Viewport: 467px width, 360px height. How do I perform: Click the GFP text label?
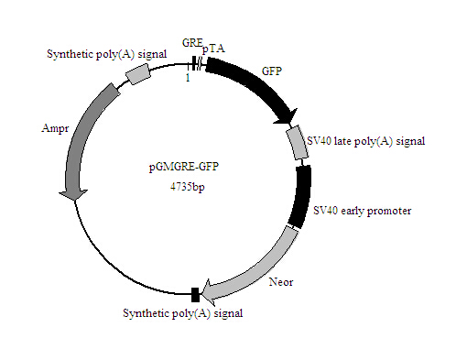click(272, 70)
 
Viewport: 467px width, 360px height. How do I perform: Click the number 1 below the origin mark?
click(188, 77)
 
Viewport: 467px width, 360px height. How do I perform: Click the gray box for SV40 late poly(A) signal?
click(297, 142)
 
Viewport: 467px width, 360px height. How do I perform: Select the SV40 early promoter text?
click(362, 211)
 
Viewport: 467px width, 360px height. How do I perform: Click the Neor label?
click(281, 282)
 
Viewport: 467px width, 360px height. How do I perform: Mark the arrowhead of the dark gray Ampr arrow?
click(71, 191)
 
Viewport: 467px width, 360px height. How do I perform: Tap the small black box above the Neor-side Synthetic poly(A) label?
click(195, 294)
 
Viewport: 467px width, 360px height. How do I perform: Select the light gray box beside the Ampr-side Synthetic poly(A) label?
click(137, 75)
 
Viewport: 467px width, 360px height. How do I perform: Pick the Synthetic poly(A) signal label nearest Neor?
click(183, 313)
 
